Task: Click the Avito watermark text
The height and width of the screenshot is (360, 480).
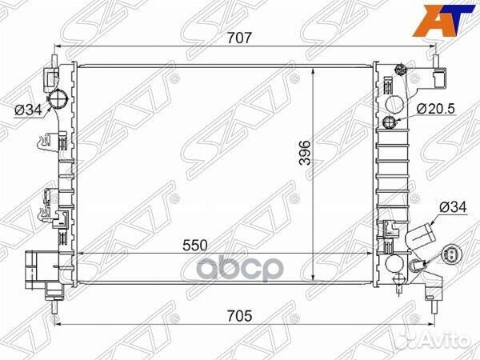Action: coord(444,341)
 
